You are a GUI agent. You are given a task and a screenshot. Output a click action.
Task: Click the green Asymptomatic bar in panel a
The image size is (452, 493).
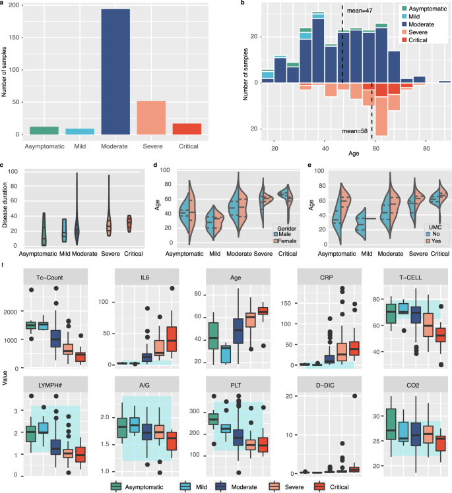coord(44,130)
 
